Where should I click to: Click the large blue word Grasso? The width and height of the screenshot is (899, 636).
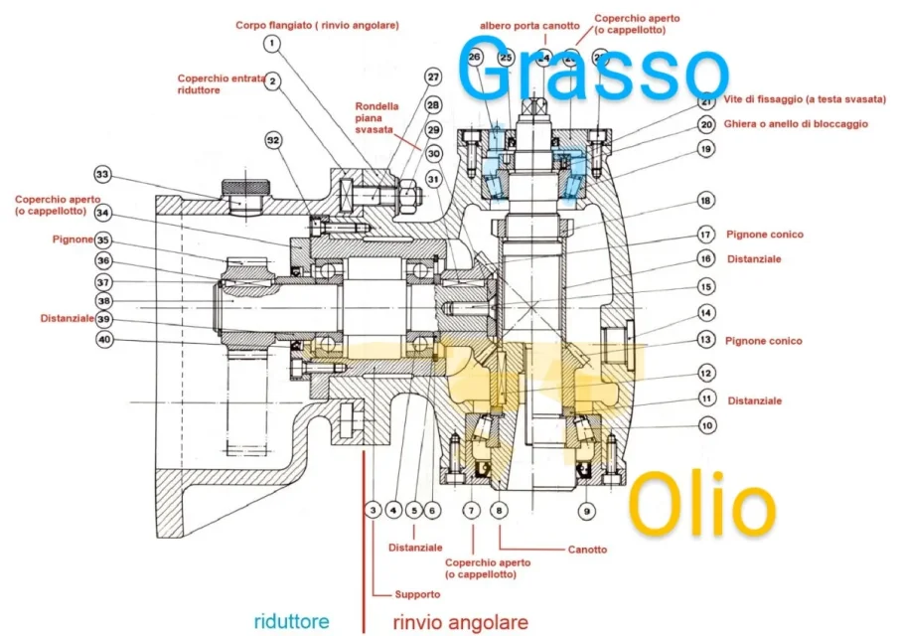coord(593,70)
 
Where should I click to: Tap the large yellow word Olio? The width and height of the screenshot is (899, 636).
coord(703,505)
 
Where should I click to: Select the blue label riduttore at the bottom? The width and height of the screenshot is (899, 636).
coord(291,621)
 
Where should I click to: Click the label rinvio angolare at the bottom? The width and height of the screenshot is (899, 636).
coord(459,622)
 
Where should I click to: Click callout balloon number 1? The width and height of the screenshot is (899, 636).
coord(272,44)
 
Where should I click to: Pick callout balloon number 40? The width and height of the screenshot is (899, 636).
coord(104,340)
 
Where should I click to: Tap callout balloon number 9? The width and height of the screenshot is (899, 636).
coord(587,511)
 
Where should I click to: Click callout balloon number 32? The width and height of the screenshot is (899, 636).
coord(274,141)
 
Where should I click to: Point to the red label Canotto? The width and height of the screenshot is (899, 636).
coord(587,549)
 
